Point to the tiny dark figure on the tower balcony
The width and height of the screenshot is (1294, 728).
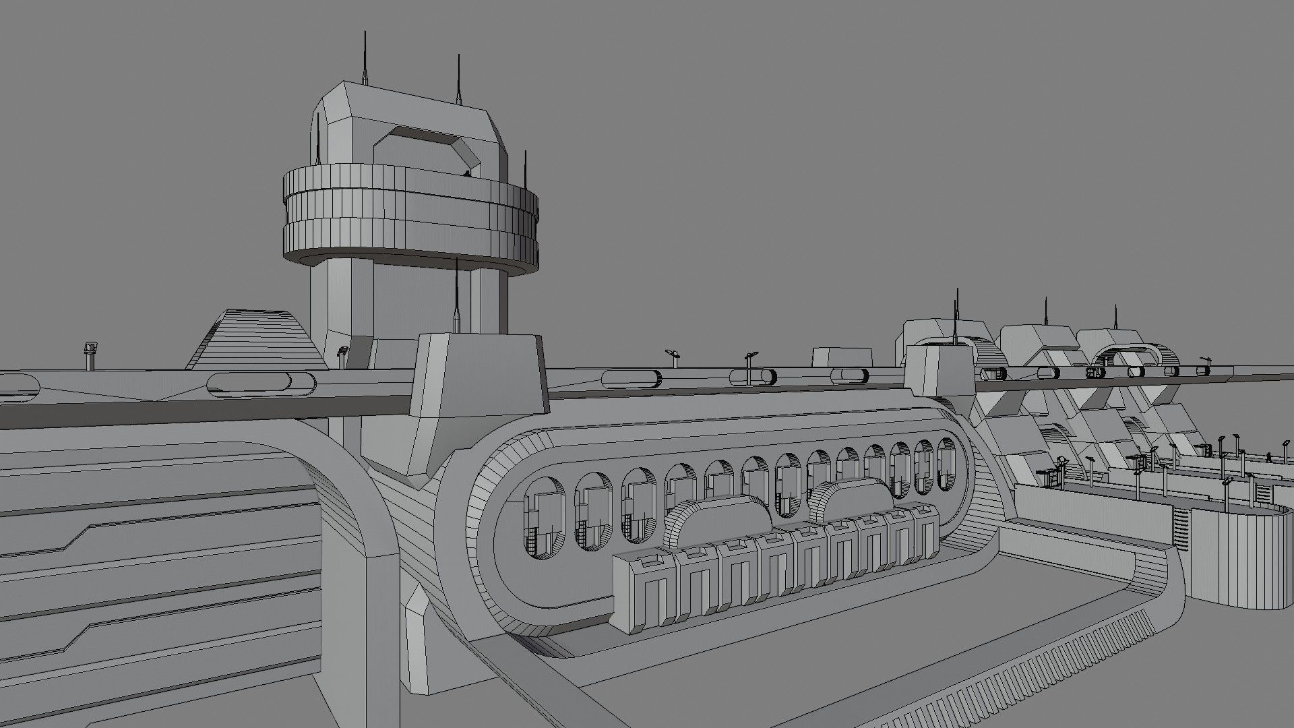click(467, 174)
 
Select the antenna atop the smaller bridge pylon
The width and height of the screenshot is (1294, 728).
click(956, 317)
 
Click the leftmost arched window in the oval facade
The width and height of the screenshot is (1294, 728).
click(545, 516)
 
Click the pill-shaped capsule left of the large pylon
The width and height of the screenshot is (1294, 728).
click(261, 384)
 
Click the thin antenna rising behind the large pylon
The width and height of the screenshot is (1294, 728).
click(457, 297)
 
